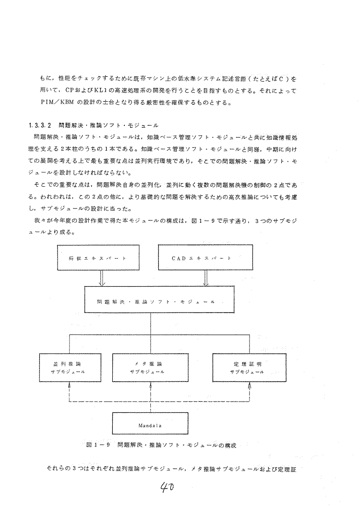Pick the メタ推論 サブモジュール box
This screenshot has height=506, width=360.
pos(150,368)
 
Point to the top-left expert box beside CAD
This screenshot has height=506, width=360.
pos(98,258)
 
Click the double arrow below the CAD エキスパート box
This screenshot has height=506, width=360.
pos(205,278)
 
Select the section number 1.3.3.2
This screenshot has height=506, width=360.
pos(40,126)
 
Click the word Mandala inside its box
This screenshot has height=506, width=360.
pos(151,424)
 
